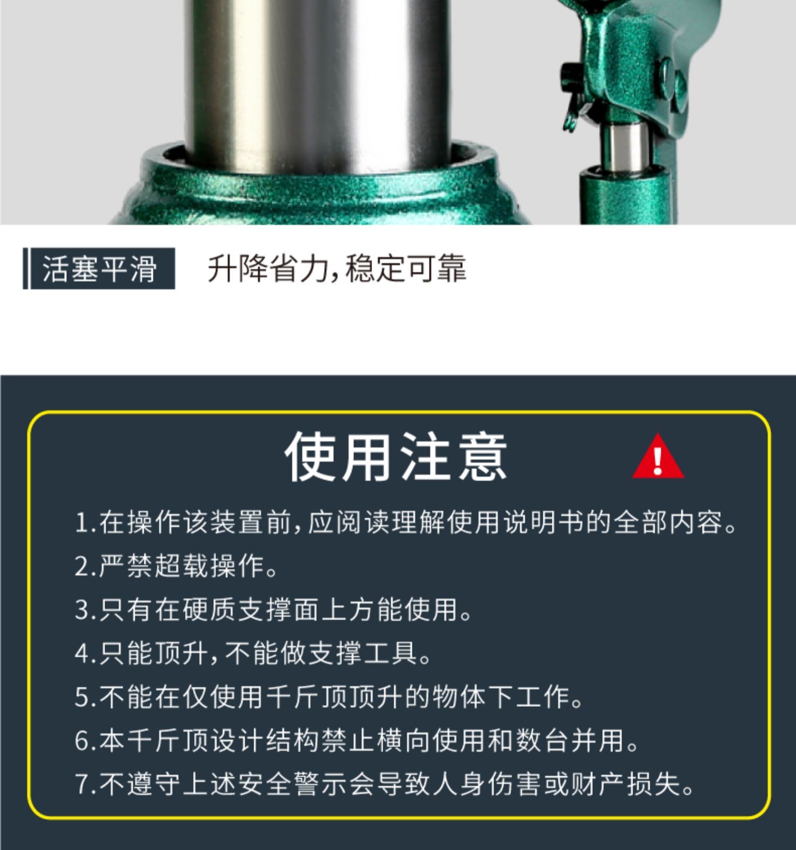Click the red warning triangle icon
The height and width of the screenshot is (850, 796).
click(658, 457)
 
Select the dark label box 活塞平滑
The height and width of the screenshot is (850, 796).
click(99, 268)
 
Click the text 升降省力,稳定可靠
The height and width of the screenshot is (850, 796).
click(337, 268)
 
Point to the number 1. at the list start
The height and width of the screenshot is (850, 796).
click(85, 523)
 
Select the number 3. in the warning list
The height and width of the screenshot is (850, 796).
click(85, 610)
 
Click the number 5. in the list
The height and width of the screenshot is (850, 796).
click(85, 697)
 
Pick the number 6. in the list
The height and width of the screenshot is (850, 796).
click(85, 740)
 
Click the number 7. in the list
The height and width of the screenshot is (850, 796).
click(85, 784)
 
